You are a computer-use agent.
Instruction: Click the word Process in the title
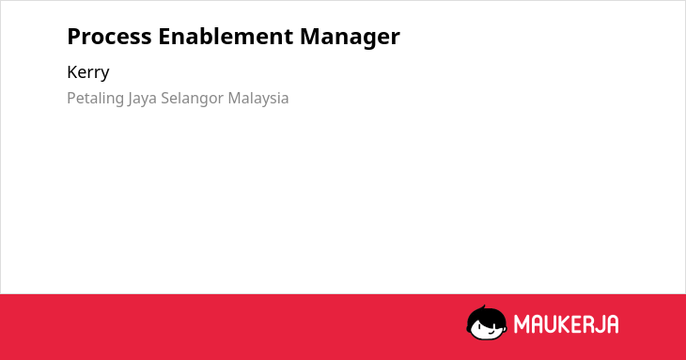point(109,37)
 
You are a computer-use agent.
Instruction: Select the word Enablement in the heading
point(226,36)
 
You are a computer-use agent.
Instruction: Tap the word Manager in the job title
point(350,38)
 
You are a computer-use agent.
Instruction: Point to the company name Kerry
point(88,72)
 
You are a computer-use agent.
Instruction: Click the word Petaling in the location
point(95,99)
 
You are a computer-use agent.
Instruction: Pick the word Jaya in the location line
point(142,99)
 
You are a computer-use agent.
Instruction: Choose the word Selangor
point(192,99)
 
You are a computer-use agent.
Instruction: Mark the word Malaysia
point(258,99)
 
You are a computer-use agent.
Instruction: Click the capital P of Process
point(73,37)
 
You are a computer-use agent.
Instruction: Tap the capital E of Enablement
point(164,37)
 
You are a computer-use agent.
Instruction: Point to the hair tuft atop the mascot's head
point(483,307)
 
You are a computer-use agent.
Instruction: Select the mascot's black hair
point(486,316)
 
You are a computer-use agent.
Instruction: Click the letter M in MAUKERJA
point(521,324)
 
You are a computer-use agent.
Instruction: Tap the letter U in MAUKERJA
point(551,324)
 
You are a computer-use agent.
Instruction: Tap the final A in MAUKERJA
point(614,324)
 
